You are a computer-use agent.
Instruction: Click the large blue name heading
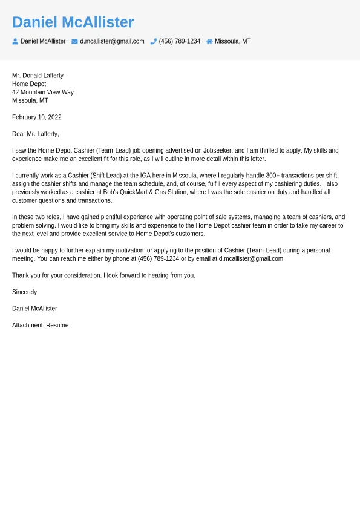(73, 22)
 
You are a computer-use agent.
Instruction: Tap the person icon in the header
(15, 41)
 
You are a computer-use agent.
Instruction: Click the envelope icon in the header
(74, 41)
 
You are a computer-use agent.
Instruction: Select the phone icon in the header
(154, 41)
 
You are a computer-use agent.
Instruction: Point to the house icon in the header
(209, 41)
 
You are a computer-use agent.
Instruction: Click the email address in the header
(112, 41)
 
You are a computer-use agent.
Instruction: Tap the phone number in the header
(179, 41)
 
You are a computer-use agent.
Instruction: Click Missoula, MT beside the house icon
(232, 41)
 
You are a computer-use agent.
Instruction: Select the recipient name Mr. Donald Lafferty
(38, 76)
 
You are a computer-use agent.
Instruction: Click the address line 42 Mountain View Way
(43, 93)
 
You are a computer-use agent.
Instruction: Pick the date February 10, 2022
(37, 117)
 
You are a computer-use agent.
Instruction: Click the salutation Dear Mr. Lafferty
(36, 134)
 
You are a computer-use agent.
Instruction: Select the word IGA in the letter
(146, 176)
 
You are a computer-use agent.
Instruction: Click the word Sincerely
(25, 292)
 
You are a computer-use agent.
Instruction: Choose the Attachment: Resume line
(40, 325)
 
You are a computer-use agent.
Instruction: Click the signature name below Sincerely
(34, 309)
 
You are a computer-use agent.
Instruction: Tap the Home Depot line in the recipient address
(29, 84)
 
